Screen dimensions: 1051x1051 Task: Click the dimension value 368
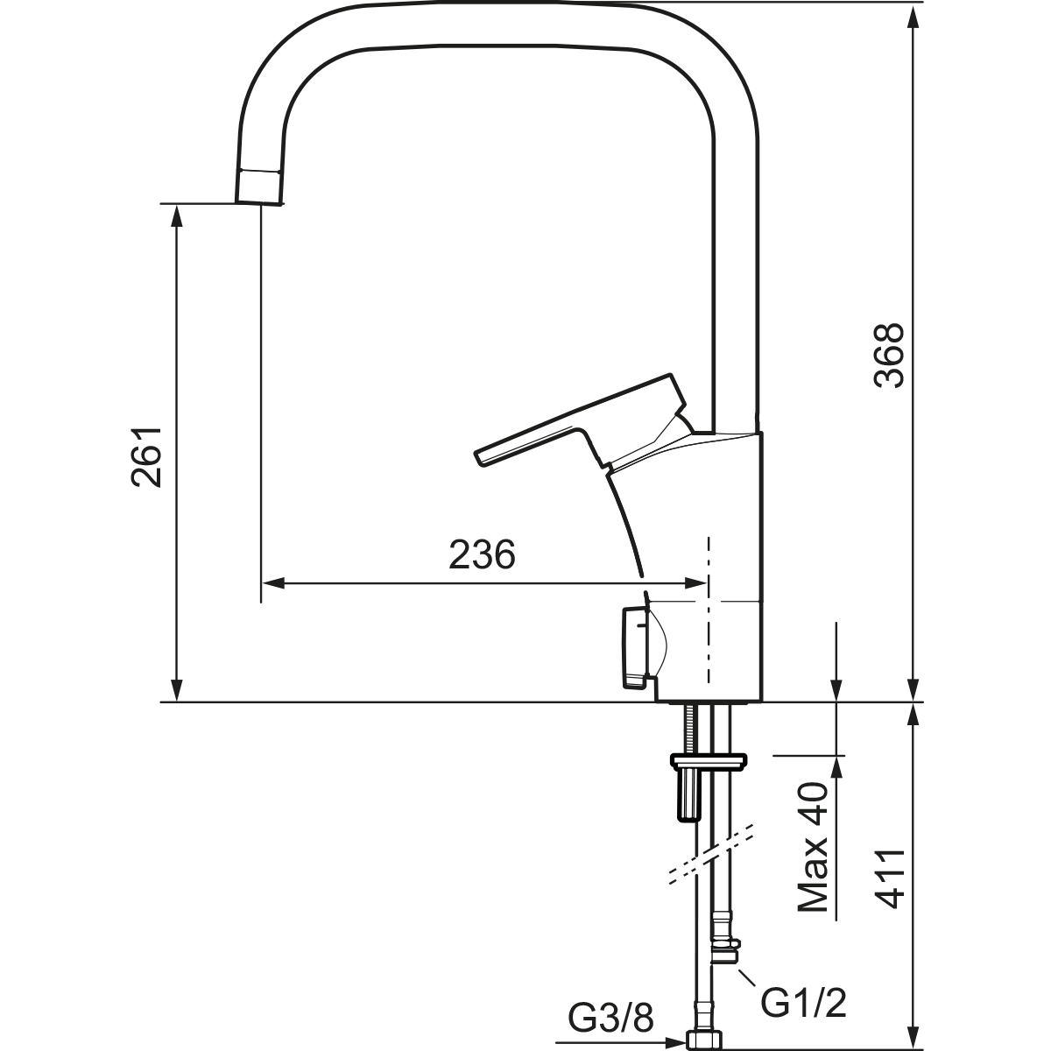[888, 356]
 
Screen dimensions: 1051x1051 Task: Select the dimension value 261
[147, 456]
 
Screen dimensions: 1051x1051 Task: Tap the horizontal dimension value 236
[482, 554]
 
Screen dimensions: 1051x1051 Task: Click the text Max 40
[813, 855]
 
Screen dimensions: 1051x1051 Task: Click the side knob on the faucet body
[644, 648]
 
